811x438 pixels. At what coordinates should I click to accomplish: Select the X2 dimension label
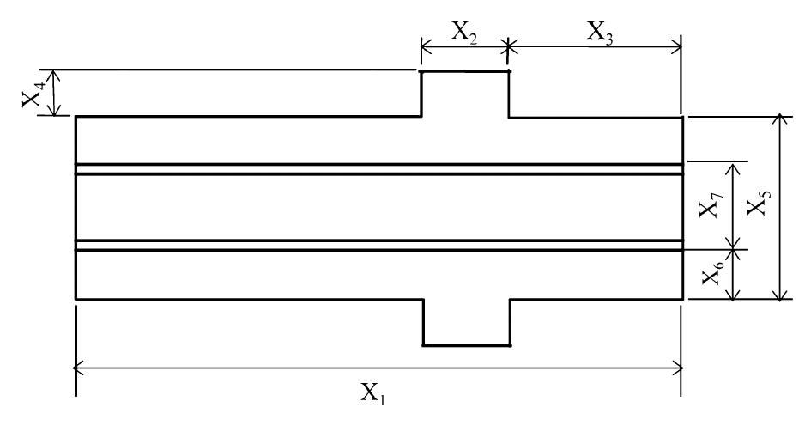(x=463, y=32)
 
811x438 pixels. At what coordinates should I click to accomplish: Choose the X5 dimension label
(x=759, y=206)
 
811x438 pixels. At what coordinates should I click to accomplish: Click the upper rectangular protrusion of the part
(x=465, y=94)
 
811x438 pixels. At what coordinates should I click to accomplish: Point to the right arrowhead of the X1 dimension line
(x=678, y=368)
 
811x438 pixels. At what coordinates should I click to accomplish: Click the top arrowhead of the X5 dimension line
(x=779, y=119)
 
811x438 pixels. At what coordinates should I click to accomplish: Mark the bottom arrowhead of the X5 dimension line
(x=779, y=295)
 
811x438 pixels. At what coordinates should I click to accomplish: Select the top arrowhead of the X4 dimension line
(x=55, y=73)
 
